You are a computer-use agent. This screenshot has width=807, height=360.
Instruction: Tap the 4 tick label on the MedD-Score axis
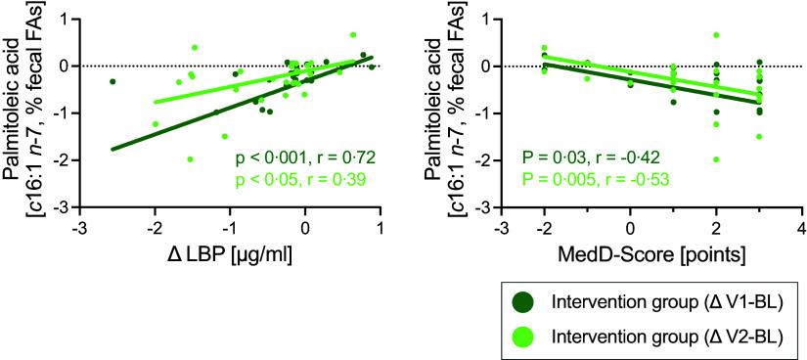click(801, 228)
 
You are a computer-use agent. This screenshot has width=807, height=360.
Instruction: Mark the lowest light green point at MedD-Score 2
click(716, 159)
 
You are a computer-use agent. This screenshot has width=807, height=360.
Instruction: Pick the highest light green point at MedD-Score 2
click(716, 35)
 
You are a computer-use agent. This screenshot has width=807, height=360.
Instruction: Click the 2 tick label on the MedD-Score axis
click(716, 228)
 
